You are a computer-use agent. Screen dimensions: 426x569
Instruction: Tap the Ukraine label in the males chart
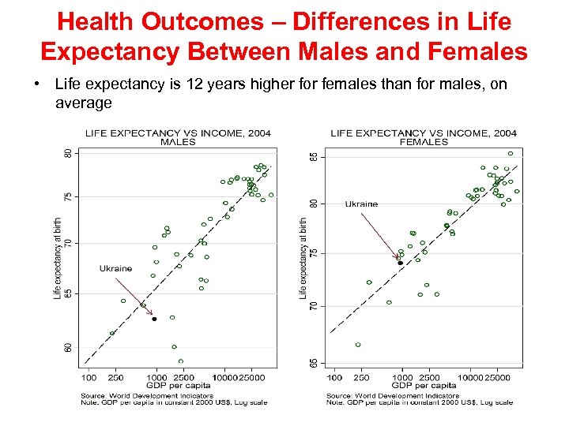pyautogui.click(x=115, y=268)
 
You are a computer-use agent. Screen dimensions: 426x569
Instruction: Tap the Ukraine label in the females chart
pyautogui.click(x=361, y=204)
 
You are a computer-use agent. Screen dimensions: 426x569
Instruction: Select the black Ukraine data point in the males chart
pyautogui.click(x=154, y=319)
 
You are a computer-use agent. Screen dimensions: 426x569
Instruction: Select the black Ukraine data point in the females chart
pyautogui.click(x=401, y=263)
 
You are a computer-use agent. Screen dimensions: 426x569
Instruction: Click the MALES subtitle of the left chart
pyautogui.click(x=178, y=142)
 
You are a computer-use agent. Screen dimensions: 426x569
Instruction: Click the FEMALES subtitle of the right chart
pyautogui.click(x=424, y=142)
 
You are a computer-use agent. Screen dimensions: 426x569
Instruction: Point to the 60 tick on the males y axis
pyautogui.click(x=69, y=346)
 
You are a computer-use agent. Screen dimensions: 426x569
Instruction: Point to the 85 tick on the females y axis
pyautogui.click(x=315, y=157)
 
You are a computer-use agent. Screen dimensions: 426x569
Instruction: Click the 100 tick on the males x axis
pyautogui.click(x=89, y=377)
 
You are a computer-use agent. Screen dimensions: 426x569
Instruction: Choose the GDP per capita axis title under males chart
pyautogui.click(x=178, y=386)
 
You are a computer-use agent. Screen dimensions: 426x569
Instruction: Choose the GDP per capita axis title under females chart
pyautogui.click(x=424, y=386)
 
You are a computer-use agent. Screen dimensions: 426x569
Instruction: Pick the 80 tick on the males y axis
pyautogui.click(x=69, y=152)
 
